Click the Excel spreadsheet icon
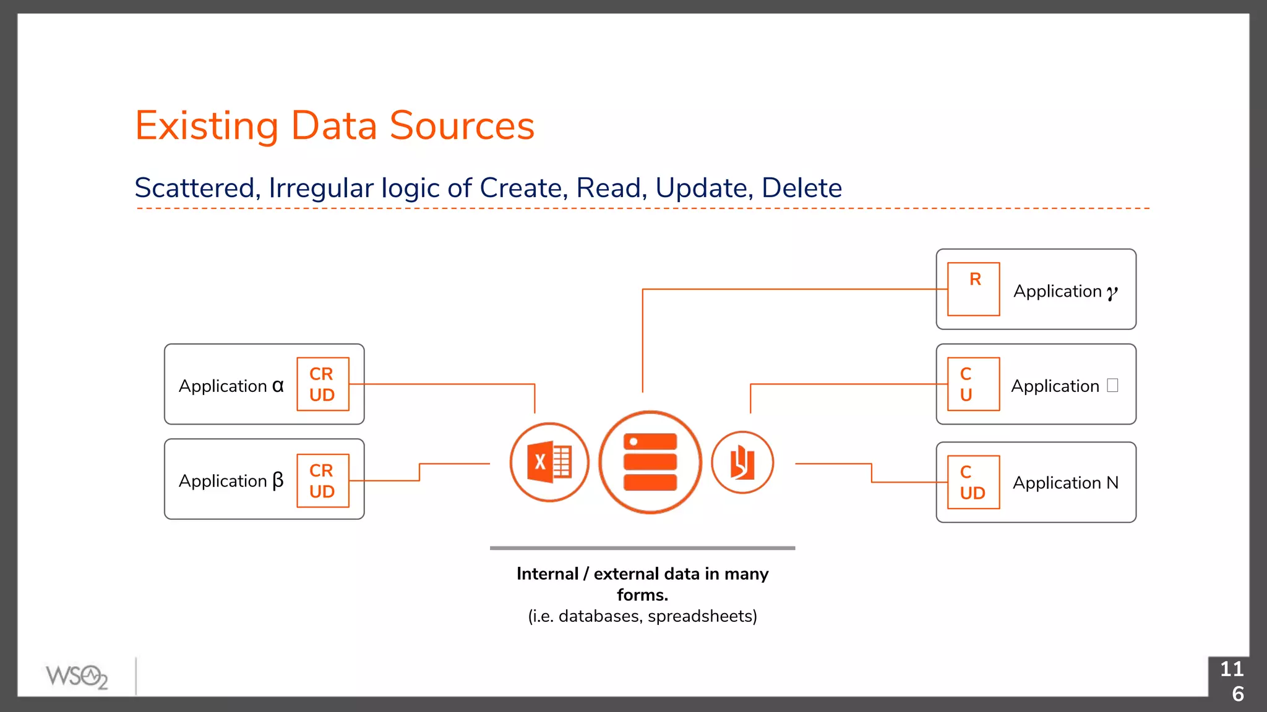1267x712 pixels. (549, 462)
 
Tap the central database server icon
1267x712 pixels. (650, 462)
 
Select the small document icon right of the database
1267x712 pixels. (742, 463)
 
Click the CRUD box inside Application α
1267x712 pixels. (323, 384)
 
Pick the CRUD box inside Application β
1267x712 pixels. (323, 481)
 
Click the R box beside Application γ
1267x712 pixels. (974, 289)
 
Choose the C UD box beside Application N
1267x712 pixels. (974, 483)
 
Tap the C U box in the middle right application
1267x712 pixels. (974, 384)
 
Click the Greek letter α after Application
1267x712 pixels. (278, 386)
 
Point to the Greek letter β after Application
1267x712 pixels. (278, 481)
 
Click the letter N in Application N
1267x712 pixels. (1112, 483)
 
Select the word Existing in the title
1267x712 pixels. (207, 126)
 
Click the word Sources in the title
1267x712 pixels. (462, 126)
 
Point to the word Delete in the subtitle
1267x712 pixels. (802, 188)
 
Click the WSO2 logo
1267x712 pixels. (77, 677)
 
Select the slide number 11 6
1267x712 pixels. (1232, 681)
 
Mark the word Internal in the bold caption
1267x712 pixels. (548, 574)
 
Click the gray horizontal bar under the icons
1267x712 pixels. (642, 548)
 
